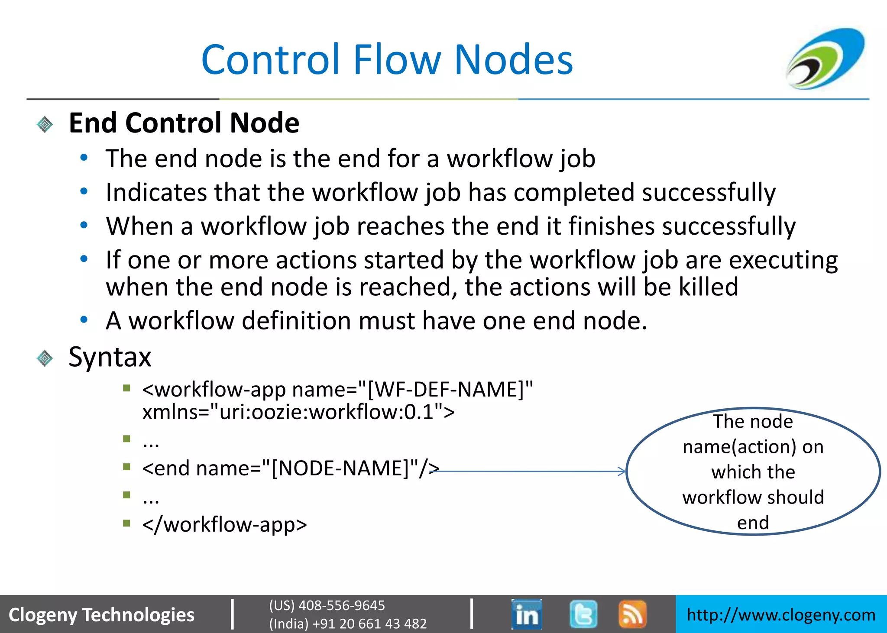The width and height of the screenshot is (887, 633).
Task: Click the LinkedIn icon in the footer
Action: [527, 614]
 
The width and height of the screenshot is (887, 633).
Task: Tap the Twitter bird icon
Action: [583, 614]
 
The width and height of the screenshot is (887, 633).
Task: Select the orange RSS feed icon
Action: [632, 614]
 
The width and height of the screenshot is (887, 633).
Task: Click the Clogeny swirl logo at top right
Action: [825, 58]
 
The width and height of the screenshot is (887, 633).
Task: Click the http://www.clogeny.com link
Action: [781, 615]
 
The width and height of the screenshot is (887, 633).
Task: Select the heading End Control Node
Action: [184, 123]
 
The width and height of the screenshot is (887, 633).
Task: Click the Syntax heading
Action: [110, 357]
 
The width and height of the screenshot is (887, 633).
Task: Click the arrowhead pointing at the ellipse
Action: [622, 471]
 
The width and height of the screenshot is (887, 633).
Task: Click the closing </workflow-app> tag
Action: [224, 525]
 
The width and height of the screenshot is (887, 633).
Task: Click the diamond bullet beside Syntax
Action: [45, 358]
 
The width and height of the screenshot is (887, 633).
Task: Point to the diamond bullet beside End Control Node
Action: [45, 125]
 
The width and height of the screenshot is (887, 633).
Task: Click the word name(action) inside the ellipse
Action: [739, 447]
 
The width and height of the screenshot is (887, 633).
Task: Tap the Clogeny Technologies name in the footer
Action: [102, 615]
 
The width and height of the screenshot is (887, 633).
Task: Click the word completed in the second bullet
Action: [574, 193]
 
